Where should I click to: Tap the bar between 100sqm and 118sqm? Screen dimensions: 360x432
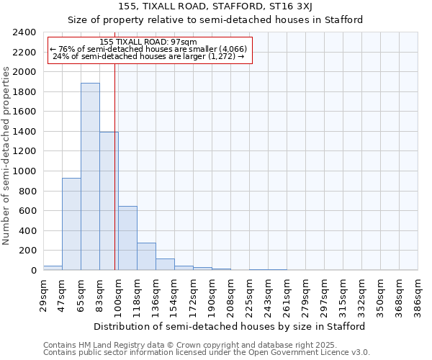point(127,238)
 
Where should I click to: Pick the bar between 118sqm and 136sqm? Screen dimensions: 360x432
point(146,256)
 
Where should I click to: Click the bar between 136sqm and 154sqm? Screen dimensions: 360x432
point(165,264)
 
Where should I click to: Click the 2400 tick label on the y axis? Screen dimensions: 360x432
point(24,32)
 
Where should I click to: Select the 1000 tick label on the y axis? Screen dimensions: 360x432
point(24,171)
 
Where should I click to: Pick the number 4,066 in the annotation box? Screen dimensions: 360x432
point(233,49)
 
